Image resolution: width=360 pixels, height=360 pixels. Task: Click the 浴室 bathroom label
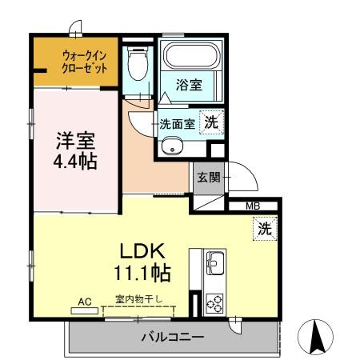coord(190,83)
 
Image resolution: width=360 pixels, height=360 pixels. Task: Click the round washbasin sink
coord(169,146)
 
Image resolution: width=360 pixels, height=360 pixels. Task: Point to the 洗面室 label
coord(177,124)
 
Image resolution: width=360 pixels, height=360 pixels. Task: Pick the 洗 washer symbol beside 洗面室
coord(211,122)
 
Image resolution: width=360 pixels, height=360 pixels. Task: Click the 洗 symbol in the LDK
coord(264,228)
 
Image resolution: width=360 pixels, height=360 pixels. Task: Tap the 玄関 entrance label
coord(209,177)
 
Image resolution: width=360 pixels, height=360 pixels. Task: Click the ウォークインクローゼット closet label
coord(85,62)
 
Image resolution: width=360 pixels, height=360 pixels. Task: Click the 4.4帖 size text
coord(75,162)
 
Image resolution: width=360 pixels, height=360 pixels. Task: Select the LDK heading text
coord(142,249)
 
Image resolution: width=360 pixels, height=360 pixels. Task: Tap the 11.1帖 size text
coord(142,272)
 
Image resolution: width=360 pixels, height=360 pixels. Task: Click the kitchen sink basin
coord(215,262)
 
